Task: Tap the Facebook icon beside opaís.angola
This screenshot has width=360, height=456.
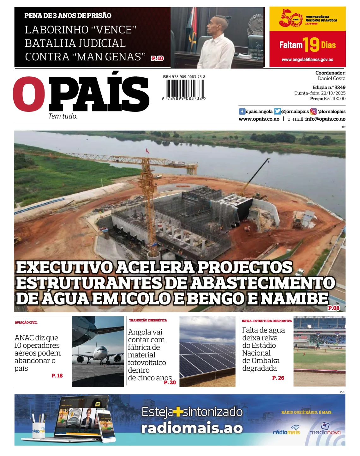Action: tap(242, 111)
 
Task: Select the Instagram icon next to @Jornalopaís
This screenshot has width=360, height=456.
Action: tap(313, 111)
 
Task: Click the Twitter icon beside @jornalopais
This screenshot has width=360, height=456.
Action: tap(277, 111)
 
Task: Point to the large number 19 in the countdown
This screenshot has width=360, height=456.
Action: tap(311, 45)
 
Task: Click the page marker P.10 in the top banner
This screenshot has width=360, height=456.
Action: tap(157, 58)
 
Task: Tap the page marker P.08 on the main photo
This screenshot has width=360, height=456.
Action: tap(333, 308)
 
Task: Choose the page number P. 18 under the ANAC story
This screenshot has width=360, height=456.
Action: tap(57, 375)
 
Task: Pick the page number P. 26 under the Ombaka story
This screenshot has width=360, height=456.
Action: tap(278, 378)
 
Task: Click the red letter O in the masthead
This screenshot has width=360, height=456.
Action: tap(29, 94)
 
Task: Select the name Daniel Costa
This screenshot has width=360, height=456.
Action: tap(332, 78)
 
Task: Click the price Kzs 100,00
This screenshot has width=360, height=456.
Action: tap(334, 99)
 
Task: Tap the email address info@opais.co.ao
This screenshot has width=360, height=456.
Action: tap(325, 119)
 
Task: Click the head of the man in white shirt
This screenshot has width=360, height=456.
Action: tap(216, 24)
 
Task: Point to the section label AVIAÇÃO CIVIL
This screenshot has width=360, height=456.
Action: tap(26, 322)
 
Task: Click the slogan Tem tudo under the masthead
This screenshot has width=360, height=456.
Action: tap(63, 116)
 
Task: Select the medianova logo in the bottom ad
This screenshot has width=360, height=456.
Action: tap(325, 430)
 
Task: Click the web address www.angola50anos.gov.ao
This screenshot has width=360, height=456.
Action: tap(307, 59)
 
